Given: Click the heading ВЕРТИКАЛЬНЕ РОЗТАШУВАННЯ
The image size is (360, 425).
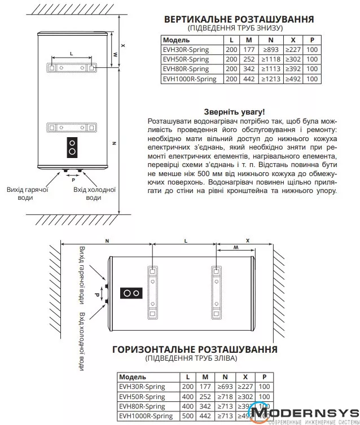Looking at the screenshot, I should point(238,19).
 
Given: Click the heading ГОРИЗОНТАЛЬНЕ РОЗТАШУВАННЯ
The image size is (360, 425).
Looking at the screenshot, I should point(195,349).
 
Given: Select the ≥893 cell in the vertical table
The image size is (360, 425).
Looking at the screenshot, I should point(271,50).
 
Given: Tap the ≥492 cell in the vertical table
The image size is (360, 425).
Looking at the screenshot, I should point(293,79).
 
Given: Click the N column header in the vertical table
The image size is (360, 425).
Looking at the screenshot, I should point(271,40).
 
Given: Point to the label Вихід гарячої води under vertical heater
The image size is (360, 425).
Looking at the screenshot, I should point(27,194).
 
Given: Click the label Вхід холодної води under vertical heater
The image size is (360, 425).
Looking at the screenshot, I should point(94,194).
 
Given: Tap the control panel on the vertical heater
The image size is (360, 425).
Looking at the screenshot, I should point(73,147).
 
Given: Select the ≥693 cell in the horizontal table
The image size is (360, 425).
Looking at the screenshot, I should point(225,387).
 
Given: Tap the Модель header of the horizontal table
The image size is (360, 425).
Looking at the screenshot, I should point(133,377).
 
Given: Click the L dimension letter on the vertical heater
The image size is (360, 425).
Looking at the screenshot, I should point(71,52).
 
